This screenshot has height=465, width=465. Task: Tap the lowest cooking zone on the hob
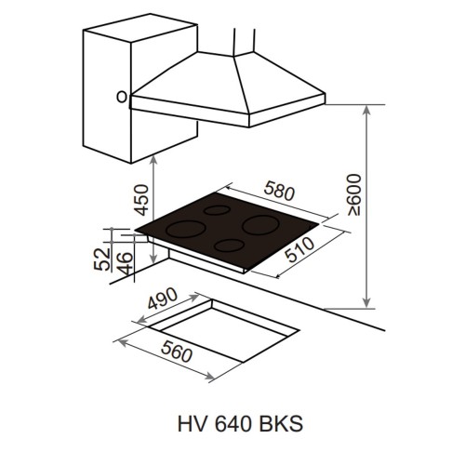tap(228, 246)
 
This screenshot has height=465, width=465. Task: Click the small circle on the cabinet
tap(120, 95)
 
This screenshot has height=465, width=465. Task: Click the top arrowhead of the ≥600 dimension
tap(369, 110)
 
